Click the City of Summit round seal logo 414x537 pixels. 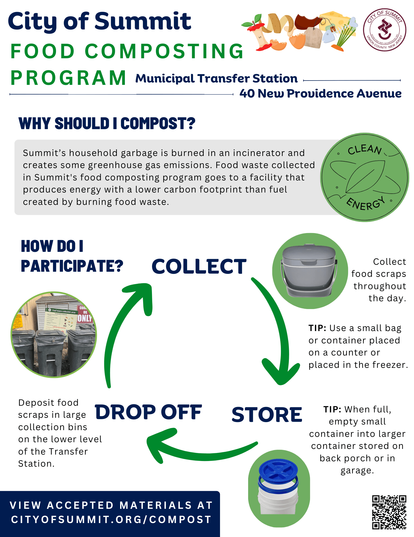385,30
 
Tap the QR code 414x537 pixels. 389,512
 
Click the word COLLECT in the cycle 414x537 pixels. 199,267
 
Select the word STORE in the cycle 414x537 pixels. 267,415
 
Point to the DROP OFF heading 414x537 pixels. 148,412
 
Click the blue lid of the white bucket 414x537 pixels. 278,470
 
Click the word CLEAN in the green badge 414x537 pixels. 364,150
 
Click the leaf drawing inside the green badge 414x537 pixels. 365,177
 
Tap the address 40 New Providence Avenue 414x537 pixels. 320,93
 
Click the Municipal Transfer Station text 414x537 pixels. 216,78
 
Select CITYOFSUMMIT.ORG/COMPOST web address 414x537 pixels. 111,519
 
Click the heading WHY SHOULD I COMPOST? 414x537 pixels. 107,124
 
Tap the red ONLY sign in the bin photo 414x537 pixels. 84,318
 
